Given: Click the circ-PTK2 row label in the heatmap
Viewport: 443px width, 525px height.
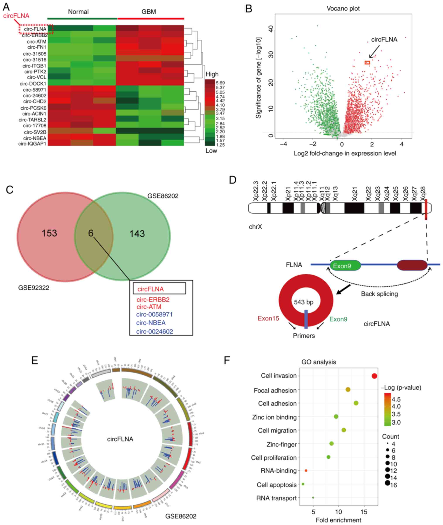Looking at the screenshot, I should (35, 72).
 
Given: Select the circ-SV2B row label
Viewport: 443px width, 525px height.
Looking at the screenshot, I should (35, 132).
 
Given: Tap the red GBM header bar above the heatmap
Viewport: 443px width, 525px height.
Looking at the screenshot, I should (151, 19).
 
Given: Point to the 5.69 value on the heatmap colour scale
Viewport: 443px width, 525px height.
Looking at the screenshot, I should (220, 83).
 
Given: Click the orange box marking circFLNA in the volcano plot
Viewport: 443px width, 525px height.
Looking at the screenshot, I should (367, 63).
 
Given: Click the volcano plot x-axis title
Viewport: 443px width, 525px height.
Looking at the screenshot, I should (345, 153).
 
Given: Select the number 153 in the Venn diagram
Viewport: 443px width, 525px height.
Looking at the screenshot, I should (49, 233).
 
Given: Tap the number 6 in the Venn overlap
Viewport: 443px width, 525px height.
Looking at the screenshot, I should (91, 233).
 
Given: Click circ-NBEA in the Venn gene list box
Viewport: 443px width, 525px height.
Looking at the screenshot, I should (151, 323).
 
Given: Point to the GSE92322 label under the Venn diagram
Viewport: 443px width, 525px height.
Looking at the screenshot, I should (34, 288).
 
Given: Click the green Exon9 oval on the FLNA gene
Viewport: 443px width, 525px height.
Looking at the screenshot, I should (345, 266).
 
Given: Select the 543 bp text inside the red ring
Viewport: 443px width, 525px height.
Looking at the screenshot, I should (304, 302).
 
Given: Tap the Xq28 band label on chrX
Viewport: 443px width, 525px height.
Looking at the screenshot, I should (423, 193).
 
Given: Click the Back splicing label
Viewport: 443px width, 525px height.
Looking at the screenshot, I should (379, 294).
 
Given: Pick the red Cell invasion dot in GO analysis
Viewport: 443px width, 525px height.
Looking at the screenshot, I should (374, 376).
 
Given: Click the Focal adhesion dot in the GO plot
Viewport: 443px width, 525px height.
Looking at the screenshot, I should (348, 390).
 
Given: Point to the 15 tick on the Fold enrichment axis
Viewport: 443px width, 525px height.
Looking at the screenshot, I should (364, 512).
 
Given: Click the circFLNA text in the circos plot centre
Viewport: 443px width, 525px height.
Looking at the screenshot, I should (120, 439).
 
